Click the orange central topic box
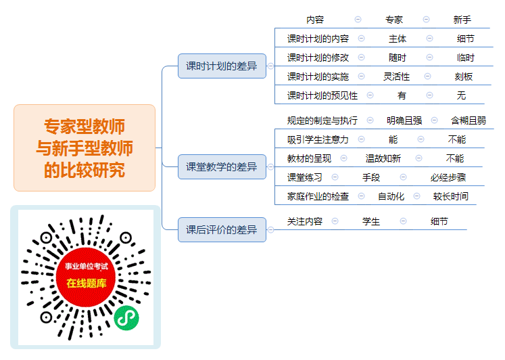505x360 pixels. point(85,148)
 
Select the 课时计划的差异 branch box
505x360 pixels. point(222,66)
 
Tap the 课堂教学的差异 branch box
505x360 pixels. point(222,166)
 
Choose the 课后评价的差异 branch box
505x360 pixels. point(222,229)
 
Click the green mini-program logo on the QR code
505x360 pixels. point(126,318)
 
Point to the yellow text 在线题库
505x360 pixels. point(87,283)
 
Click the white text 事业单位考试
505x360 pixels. point(87,266)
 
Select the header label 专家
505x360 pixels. point(394,20)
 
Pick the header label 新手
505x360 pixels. point(462,20)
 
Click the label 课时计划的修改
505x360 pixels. point(318,58)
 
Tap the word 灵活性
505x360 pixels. point(396,76)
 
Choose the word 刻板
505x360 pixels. point(464,76)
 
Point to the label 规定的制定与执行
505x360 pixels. point(322,120)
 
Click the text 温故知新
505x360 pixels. point(383,158)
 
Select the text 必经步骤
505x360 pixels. point(448,177)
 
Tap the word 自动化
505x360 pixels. point(391,196)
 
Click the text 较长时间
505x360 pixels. point(451,196)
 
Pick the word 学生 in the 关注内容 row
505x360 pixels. point(371,221)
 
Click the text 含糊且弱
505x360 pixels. point(468,120)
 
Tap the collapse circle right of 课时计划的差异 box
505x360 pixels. point(270,66)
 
